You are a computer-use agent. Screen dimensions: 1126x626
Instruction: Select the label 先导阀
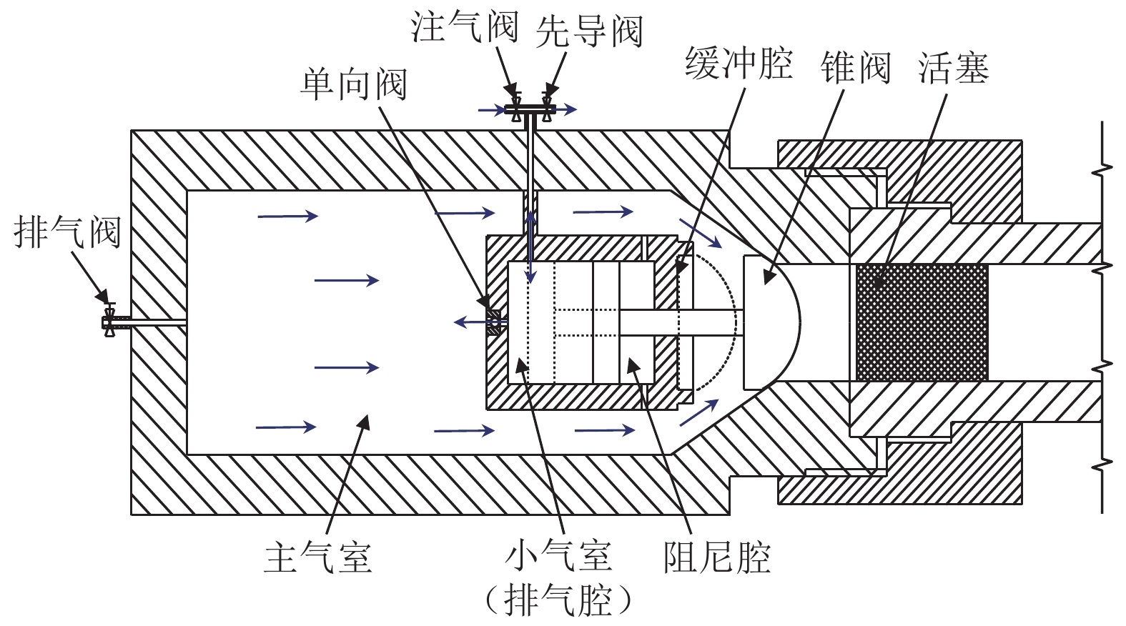click(589, 31)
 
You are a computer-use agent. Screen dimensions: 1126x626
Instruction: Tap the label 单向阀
click(354, 84)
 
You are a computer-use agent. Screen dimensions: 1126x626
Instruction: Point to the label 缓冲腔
click(739, 64)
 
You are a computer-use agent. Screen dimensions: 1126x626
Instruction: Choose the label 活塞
click(954, 67)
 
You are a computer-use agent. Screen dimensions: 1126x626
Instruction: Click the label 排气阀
click(67, 232)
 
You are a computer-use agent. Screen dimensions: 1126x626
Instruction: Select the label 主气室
click(317, 557)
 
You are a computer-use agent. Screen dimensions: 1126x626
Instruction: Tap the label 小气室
click(558, 557)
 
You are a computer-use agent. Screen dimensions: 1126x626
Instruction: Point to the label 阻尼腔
click(717, 557)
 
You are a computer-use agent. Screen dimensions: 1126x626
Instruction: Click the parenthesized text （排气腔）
click(558, 600)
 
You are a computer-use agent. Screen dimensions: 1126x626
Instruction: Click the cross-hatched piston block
click(922, 322)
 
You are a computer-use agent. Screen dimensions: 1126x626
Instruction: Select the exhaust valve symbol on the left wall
click(109, 320)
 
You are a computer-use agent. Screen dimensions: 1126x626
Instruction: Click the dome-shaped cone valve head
click(772, 322)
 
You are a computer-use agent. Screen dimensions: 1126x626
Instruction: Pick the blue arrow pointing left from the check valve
click(480, 322)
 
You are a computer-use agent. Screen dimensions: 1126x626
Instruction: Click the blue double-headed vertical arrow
click(530, 247)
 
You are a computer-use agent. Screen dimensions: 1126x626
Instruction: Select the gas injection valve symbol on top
click(515, 106)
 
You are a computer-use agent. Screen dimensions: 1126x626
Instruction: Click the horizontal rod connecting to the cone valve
click(681, 322)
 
